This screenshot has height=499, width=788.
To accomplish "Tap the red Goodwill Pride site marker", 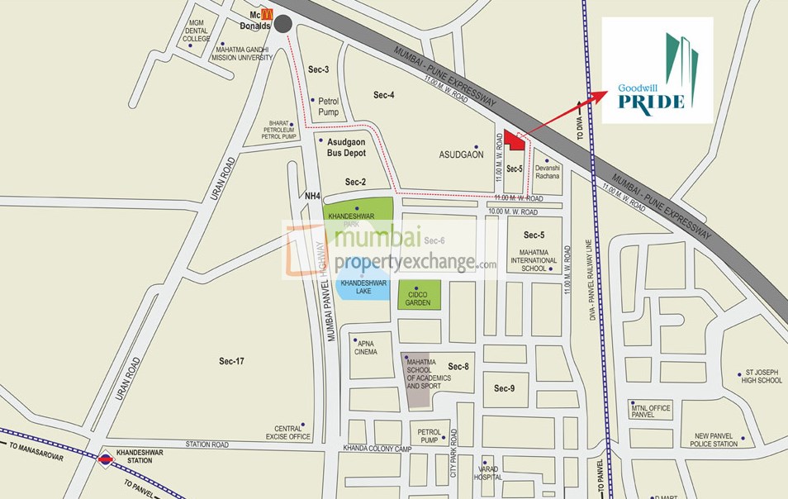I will point(516,142).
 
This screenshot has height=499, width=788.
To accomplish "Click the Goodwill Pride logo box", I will point(657,70).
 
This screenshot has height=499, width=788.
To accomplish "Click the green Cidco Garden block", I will point(419,296).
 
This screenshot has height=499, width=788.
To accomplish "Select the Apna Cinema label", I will point(364,346).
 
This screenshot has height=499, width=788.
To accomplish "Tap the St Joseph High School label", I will point(762,376).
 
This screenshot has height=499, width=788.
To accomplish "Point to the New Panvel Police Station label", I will point(715,440).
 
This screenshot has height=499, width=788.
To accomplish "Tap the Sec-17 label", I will point(232,361).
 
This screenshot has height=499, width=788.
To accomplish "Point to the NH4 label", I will point(311,196).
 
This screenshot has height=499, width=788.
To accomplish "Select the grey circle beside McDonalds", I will point(284,25).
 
